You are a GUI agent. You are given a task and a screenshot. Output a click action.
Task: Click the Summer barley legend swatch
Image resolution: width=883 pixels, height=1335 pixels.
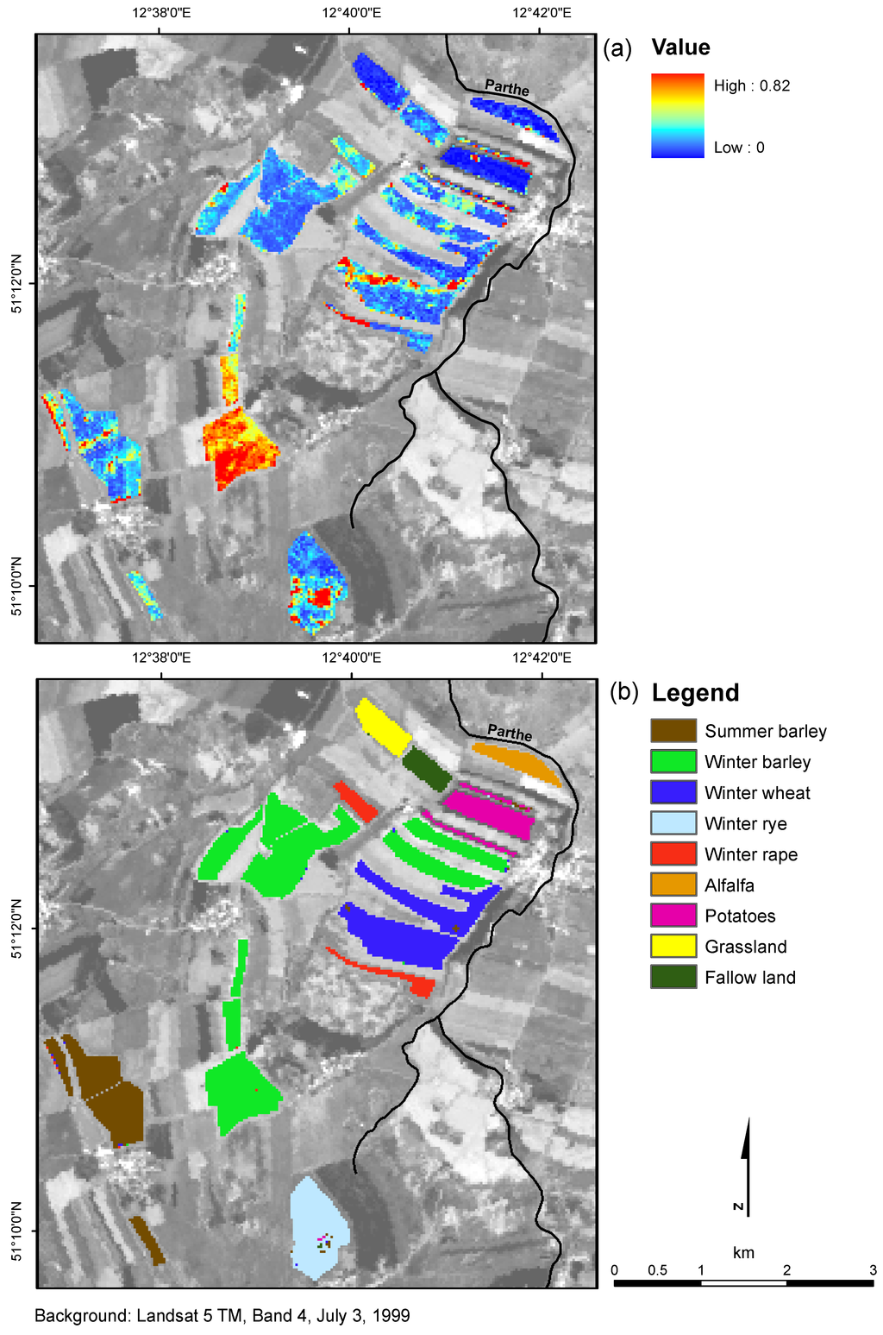pyautogui.click(x=673, y=731)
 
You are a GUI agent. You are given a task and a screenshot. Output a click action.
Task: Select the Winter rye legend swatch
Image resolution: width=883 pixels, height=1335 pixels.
pyautogui.click(x=673, y=823)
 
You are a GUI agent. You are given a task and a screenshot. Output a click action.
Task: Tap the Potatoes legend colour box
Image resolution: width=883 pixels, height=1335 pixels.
pyautogui.click(x=673, y=916)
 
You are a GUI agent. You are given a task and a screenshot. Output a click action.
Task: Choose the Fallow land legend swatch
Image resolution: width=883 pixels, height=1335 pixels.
pyautogui.click(x=673, y=977)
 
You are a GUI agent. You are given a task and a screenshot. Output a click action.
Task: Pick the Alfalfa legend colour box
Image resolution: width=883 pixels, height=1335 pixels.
pyautogui.click(x=673, y=885)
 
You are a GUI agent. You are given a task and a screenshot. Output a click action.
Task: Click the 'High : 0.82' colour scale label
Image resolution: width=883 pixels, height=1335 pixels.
pyautogui.click(x=751, y=85)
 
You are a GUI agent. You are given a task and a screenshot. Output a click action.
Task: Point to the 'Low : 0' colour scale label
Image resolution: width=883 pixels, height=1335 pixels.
pyautogui.click(x=739, y=148)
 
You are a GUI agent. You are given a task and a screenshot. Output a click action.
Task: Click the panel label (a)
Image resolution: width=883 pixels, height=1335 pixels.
pyautogui.click(x=618, y=48)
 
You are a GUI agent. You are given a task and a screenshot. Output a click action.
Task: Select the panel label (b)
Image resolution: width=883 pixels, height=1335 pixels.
pyautogui.click(x=623, y=692)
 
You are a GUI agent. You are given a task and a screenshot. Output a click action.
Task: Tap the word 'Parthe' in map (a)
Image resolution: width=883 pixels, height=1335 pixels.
pyautogui.click(x=507, y=87)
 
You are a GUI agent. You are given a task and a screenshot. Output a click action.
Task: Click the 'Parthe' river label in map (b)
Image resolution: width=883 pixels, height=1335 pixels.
pyautogui.click(x=510, y=733)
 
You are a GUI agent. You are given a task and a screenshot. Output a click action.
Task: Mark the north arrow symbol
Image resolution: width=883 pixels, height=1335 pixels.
pyautogui.click(x=745, y=1165)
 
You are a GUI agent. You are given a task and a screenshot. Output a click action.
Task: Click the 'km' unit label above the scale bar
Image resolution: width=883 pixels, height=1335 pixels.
pyautogui.click(x=743, y=1252)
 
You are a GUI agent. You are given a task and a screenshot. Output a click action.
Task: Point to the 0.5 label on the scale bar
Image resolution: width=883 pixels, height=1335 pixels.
pyautogui.click(x=657, y=1270)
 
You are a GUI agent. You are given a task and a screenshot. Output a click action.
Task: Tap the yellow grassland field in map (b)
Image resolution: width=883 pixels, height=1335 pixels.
pyautogui.click(x=383, y=727)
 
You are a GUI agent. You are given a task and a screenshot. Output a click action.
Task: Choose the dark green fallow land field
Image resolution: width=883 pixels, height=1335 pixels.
pyautogui.click(x=427, y=768)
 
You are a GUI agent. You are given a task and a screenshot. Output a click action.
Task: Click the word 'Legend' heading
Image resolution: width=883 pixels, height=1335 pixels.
pyautogui.click(x=695, y=693)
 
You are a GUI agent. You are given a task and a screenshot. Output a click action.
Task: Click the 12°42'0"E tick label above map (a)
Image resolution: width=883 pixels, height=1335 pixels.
pyautogui.click(x=542, y=13)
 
